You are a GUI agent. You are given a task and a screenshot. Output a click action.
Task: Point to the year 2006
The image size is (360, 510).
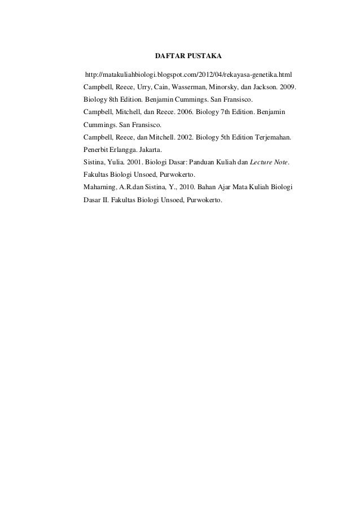(x=183, y=113)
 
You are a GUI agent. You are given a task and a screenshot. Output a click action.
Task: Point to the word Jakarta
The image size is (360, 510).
(x=150, y=150)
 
